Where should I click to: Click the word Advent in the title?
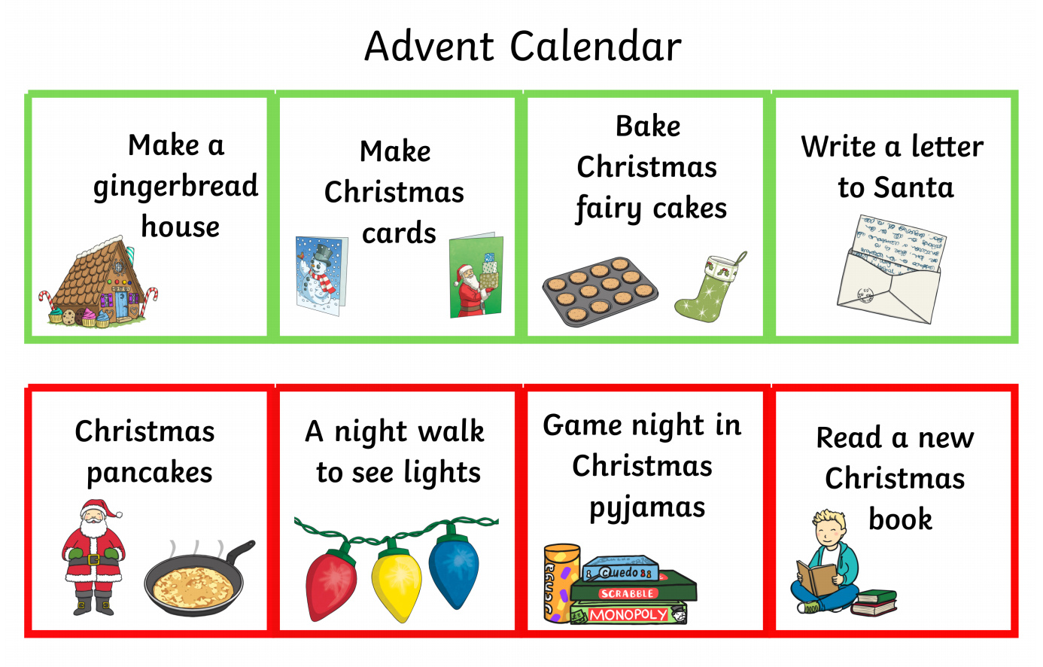coord(429,46)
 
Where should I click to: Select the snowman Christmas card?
coord(322,276)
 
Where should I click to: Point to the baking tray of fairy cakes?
coord(601,291)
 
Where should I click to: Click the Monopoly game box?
coord(628,614)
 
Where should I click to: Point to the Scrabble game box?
coord(634,586)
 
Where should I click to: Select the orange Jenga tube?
coord(561,583)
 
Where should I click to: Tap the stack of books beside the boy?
coord(874,603)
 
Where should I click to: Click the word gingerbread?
coord(175,186)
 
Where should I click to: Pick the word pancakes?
coord(150,474)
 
